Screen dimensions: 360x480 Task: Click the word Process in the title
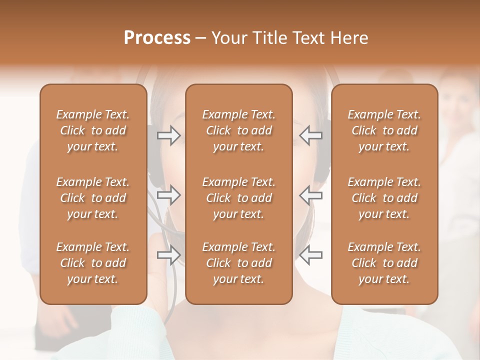[157, 38]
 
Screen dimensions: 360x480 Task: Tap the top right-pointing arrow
[168, 135]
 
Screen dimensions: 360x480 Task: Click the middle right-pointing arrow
[168, 195]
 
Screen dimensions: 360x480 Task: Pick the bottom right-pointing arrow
[168, 255]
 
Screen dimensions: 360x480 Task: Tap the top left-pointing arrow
[310, 135]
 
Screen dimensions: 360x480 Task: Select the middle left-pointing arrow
[310, 195]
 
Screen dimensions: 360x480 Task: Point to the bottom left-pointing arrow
[310, 255]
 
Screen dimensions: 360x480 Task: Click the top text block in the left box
[93, 130]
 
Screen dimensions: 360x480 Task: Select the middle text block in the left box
[93, 198]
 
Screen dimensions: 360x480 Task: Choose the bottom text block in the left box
[93, 263]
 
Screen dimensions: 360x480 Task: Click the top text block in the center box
[238, 130]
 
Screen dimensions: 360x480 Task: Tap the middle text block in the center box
[238, 198]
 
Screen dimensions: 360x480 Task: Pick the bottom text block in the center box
[238, 263]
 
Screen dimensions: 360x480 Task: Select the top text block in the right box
[384, 130]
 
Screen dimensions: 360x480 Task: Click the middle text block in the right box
[384, 198]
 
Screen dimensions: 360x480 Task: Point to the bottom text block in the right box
[384, 263]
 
